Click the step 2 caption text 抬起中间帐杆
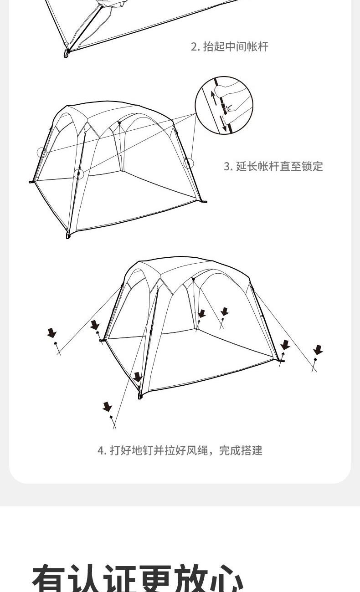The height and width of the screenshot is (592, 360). [x=236, y=46]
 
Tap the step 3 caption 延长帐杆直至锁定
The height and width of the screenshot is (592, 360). [x=279, y=166]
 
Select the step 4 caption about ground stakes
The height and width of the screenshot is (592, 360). [x=180, y=451]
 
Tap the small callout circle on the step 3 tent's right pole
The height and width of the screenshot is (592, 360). [x=189, y=163]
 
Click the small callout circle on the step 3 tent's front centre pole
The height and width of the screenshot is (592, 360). [x=78, y=174]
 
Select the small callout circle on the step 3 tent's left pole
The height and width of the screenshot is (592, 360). [x=42, y=153]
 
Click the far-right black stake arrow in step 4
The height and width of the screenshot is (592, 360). [x=318, y=350]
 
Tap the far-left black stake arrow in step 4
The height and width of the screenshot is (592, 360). [x=52, y=333]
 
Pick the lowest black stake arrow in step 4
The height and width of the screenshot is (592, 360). [x=107, y=407]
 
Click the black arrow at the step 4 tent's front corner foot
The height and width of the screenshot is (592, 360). [x=138, y=377]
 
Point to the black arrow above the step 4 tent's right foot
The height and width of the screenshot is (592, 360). [x=285, y=345]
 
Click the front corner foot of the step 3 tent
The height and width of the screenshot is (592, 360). [x=68, y=235]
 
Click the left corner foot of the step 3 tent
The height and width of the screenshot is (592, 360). [x=31, y=182]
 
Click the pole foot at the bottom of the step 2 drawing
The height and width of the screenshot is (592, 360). [x=67, y=53]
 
